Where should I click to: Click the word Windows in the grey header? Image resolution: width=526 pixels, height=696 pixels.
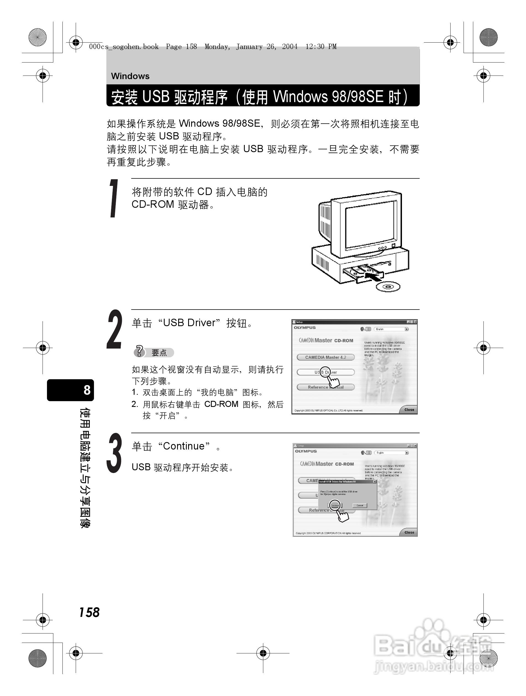(x=130, y=76)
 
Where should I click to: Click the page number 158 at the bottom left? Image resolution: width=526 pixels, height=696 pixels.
(x=89, y=612)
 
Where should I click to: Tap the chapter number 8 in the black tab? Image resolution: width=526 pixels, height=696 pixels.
(x=87, y=390)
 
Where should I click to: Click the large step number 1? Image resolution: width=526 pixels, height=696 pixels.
(x=114, y=198)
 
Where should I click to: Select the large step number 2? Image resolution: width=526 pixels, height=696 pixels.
(x=114, y=329)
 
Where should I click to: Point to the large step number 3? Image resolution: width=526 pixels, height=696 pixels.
(x=114, y=453)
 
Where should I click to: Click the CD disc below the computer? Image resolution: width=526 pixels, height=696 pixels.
(x=388, y=287)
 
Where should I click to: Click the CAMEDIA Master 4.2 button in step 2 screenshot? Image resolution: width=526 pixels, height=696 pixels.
(x=325, y=357)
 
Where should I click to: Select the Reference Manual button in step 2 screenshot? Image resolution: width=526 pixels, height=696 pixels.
(x=325, y=387)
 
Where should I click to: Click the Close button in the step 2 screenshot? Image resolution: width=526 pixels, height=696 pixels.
(x=409, y=410)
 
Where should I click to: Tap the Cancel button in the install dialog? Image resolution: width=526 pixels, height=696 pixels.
(x=360, y=506)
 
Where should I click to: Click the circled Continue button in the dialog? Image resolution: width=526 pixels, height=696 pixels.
(x=335, y=505)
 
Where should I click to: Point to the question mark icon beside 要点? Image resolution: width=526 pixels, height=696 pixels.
(x=140, y=351)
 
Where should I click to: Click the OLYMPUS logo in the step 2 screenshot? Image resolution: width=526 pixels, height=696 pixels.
(x=305, y=328)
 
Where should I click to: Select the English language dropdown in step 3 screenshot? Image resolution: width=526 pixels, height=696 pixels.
(x=391, y=453)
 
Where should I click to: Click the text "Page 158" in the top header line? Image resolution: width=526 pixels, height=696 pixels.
(x=181, y=47)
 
